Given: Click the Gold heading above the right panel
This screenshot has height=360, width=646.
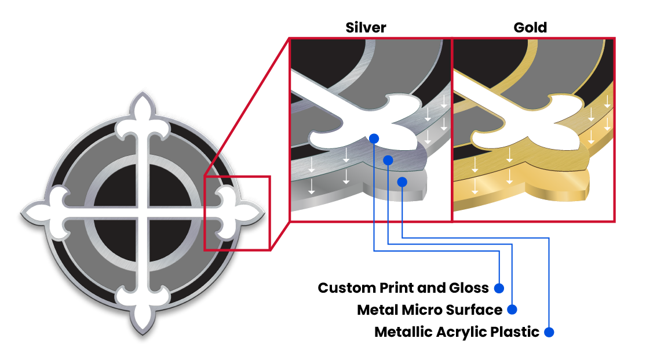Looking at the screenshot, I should click(x=530, y=27).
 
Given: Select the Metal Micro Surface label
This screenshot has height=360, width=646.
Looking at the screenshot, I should click(x=429, y=310).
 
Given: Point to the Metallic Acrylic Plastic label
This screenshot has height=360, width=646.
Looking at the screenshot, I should click(x=457, y=332).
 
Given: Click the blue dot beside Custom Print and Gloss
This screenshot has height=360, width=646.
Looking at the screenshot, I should click(x=499, y=288).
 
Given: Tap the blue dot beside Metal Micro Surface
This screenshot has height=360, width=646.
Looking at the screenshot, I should click(x=512, y=310).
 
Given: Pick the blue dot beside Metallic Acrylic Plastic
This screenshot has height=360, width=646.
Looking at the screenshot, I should click(x=550, y=332).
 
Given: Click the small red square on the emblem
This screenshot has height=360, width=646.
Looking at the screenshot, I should click(x=236, y=213).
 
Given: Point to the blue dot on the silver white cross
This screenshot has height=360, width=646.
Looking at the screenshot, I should click(x=374, y=139).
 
